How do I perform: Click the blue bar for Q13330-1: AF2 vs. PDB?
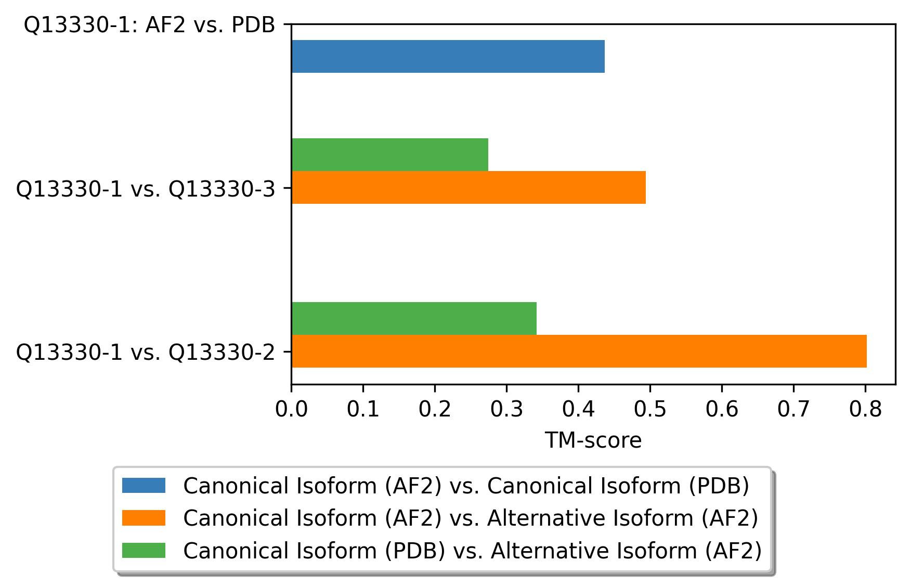(448, 56)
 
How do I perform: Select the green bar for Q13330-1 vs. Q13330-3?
(389, 154)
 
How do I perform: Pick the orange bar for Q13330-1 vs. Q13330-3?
(468, 187)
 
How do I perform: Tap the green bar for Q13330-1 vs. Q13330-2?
(413, 318)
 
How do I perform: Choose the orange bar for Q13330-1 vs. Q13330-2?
(578, 351)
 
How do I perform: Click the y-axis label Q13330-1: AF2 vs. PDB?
(149, 25)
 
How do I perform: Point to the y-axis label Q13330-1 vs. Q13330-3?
(145, 189)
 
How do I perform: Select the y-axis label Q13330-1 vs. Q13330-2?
(145, 353)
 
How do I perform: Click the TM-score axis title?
(593, 440)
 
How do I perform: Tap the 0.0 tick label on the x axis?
(291, 409)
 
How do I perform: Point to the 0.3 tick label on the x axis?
(506, 409)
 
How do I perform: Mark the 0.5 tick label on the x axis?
(650, 409)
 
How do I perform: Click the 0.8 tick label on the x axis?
(865, 409)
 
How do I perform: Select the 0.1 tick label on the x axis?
(363, 409)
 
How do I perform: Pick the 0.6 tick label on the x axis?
(722, 409)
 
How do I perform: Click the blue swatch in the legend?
(144, 486)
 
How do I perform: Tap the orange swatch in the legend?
(144, 518)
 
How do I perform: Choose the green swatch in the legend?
(144, 550)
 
